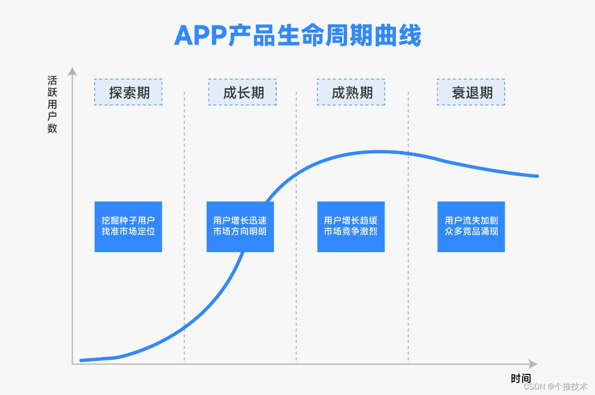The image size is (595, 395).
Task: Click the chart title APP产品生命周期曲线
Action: click(297, 36)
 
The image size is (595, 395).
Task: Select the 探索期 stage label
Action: click(128, 92)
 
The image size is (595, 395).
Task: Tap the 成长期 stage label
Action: click(242, 92)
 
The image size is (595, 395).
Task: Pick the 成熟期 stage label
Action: click(351, 92)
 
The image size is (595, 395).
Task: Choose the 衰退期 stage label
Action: click(471, 92)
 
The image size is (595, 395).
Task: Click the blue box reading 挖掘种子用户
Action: click(128, 227)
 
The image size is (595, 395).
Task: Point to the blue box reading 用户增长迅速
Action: click(240, 227)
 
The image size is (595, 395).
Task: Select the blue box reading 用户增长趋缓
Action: click(351, 227)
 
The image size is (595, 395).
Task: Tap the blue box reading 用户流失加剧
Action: click(471, 227)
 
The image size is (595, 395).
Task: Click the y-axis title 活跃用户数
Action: click(52, 104)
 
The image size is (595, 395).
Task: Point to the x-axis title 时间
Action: click(520, 378)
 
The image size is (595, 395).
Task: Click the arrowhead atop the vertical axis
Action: click(72, 71)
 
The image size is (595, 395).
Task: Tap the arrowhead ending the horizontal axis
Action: click(533, 364)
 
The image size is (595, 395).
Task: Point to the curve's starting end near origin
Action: click(82, 360)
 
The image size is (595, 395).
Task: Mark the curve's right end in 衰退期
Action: click(537, 176)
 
